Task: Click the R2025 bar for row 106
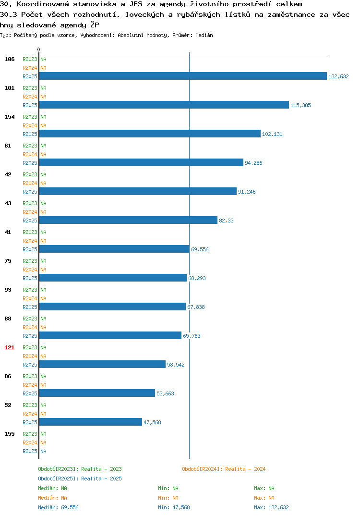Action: [183, 76]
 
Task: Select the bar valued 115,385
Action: [164, 105]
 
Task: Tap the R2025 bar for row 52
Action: [90, 422]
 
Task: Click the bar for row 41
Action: [114, 249]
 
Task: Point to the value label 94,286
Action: [253, 163]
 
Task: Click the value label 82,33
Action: [226, 221]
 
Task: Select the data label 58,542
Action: [176, 365]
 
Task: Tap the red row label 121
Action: [9, 347]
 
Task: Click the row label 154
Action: [9, 117]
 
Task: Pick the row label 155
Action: [9, 434]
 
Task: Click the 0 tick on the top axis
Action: [38, 49]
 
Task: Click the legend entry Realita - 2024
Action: [224, 469]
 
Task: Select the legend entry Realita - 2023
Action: [80, 469]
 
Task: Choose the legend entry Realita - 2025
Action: [80, 479]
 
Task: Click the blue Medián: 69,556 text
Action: [58, 507]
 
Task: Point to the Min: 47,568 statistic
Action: [174, 507]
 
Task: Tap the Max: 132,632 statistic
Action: [271, 507]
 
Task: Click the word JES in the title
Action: [136, 4]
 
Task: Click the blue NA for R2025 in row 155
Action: [43, 451]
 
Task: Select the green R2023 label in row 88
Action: [30, 319]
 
